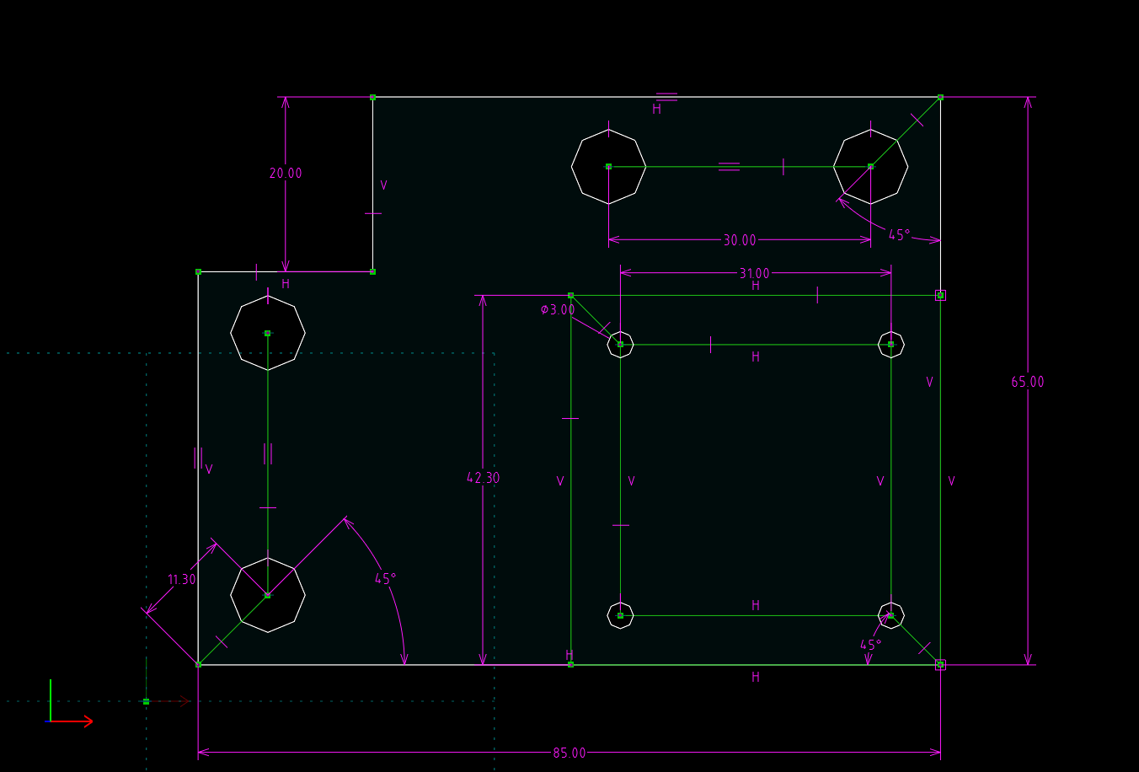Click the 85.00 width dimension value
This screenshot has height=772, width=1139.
pyautogui.click(x=569, y=753)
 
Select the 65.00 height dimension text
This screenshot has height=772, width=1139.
pyautogui.click(x=1027, y=382)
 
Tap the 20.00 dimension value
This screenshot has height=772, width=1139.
pyautogui.click(x=286, y=174)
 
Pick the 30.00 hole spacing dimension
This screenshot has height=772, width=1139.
pyautogui.click(x=740, y=240)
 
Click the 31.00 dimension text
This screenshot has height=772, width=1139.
pyautogui.click(x=754, y=273)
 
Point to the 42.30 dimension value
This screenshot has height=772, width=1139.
pyautogui.click(x=483, y=478)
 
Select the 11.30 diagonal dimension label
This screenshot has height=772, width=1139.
pyautogui.click(x=181, y=580)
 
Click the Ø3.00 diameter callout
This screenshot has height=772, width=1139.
pyautogui.click(x=558, y=309)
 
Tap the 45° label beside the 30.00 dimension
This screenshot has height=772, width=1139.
pyautogui.click(x=899, y=235)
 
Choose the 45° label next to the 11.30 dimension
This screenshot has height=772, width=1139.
pyautogui.click(x=385, y=579)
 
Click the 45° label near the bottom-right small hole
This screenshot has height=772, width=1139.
pyautogui.click(x=870, y=645)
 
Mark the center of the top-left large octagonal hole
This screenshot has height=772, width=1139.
pyautogui.click(x=608, y=167)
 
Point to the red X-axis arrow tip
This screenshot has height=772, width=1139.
pyautogui.click(x=93, y=721)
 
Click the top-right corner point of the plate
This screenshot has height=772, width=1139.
pyautogui.click(x=940, y=97)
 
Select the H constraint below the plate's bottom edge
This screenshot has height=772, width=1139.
pyautogui.click(x=756, y=677)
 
